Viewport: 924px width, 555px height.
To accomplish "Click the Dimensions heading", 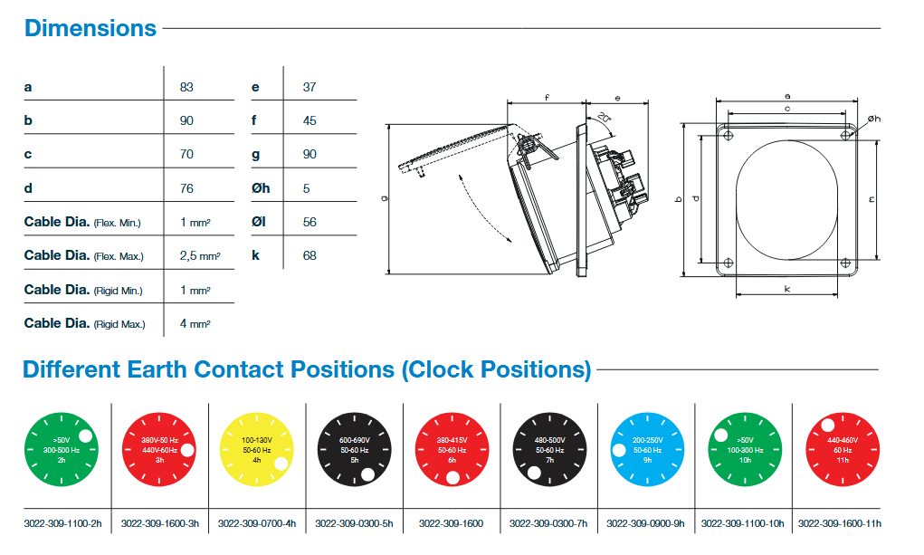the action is (90, 28).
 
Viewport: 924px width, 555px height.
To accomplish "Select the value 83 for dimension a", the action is (186, 87).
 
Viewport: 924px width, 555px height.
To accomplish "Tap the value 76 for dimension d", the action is (186, 188).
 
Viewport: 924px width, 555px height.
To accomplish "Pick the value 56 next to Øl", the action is (310, 223).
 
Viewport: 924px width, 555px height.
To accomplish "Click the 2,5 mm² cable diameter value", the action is (200, 256).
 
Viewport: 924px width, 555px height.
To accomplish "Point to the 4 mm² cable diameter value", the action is (195, 324).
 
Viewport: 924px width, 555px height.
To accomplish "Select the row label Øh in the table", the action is (261, 188).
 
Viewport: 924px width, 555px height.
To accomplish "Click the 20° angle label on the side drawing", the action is (604, 117).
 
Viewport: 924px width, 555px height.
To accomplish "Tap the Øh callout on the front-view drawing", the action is (874, 119).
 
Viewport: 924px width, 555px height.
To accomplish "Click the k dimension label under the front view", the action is (786, 289).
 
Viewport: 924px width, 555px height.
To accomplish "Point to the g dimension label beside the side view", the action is (385, 199).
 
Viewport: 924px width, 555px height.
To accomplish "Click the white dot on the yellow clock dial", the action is (281, 464).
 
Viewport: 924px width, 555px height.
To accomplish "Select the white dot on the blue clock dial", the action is (619, 450).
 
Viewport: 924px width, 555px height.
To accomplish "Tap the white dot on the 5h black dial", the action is (367, 474).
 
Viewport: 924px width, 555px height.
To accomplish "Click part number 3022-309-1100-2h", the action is (62, 523).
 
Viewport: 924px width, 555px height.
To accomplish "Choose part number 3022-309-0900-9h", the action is (645, 523).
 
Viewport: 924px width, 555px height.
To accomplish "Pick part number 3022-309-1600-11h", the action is (840, 523).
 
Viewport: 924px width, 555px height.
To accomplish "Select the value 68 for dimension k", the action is (310, 256).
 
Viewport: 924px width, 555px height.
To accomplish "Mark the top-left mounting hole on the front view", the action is (729, 136).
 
